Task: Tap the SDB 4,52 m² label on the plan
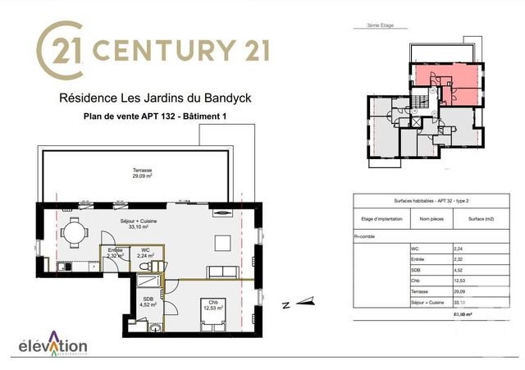149,301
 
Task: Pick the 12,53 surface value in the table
464,281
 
